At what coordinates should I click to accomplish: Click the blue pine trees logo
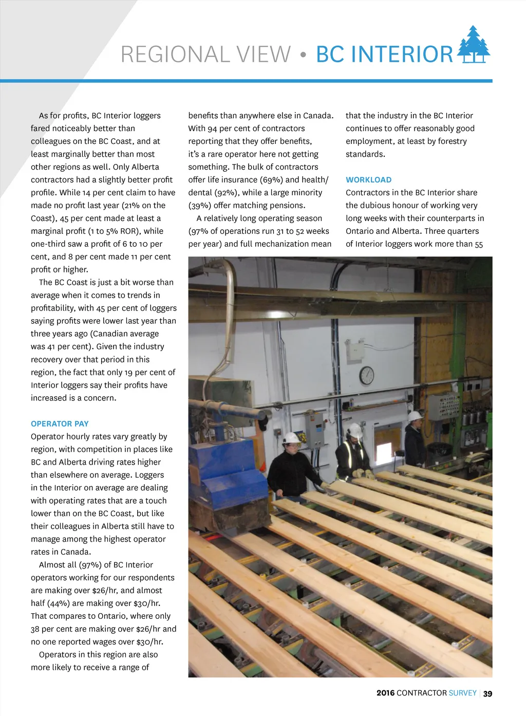coord(474,45)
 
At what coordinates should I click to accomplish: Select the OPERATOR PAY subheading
coord(60,424)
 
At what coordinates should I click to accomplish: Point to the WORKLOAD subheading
coord(368,180)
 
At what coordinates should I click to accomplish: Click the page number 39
coord(487,693)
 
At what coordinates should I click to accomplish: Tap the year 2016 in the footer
coord(385,693)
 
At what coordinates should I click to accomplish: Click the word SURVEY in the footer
coord(462,693)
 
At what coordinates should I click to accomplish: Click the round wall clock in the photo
coord(366,375)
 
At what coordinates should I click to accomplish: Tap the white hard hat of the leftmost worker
coord(291,438)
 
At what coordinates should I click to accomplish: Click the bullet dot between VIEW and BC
coord(303,54)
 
